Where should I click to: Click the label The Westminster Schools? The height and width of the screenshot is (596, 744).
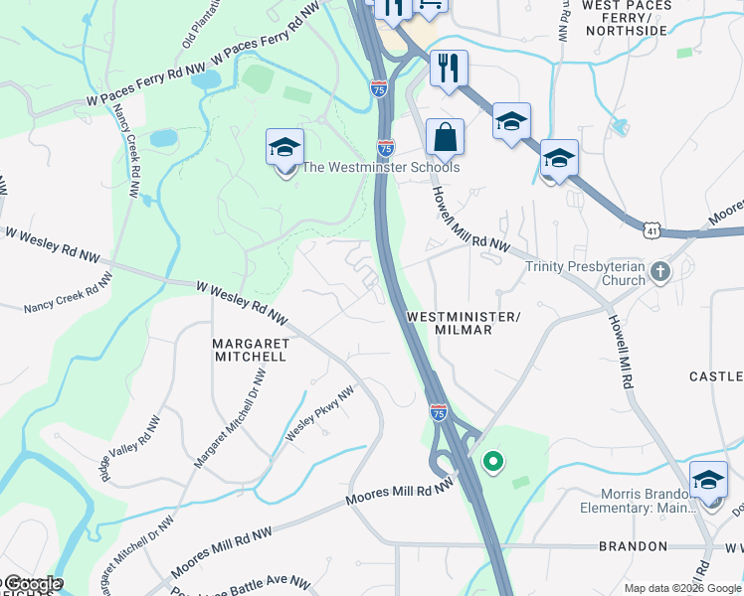pyautogui.click(x=381, y=168)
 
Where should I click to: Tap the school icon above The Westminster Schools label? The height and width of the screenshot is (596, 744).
pyautogui.click(x=285, y=149)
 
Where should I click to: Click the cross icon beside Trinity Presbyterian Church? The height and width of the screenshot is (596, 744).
pyautogui.click(x=659, y=270)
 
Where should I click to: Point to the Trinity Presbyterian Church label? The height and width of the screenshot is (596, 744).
pyautogui.click(x=585, y=273)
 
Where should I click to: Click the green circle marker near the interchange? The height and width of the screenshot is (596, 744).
pyautogui.click(x=491, y=461)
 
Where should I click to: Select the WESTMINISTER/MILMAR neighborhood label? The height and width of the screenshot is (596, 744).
pyautogui.click(x=464, y=323)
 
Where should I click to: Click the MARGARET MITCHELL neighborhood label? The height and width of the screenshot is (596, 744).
pyautogui.click(x=251, y=349)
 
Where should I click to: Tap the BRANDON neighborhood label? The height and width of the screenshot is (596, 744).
pyautogui.click(x=633, y=546)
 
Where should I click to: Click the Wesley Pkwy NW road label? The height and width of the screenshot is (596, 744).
pyautogui.click(x=320, y=414)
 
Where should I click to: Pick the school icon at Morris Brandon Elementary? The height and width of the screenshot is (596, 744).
pyautogui.click(x=708, y=481)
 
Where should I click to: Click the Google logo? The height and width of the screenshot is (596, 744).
pyautogui.click(x=32, y=584)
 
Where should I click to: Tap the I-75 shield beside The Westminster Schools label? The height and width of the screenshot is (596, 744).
pyautogui.click(x=386, y=147)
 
